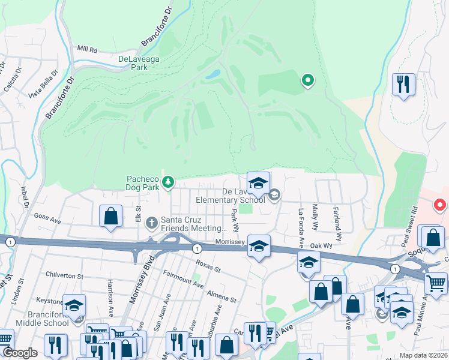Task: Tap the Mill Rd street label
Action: (87, 49)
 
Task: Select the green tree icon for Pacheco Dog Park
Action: (169, 181)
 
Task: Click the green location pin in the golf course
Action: (307, 79)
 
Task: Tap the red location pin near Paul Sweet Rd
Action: (440, 205)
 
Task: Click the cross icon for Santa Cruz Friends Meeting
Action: (152, 223)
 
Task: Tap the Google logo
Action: (19, 353)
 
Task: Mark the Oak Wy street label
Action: (321, 245)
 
